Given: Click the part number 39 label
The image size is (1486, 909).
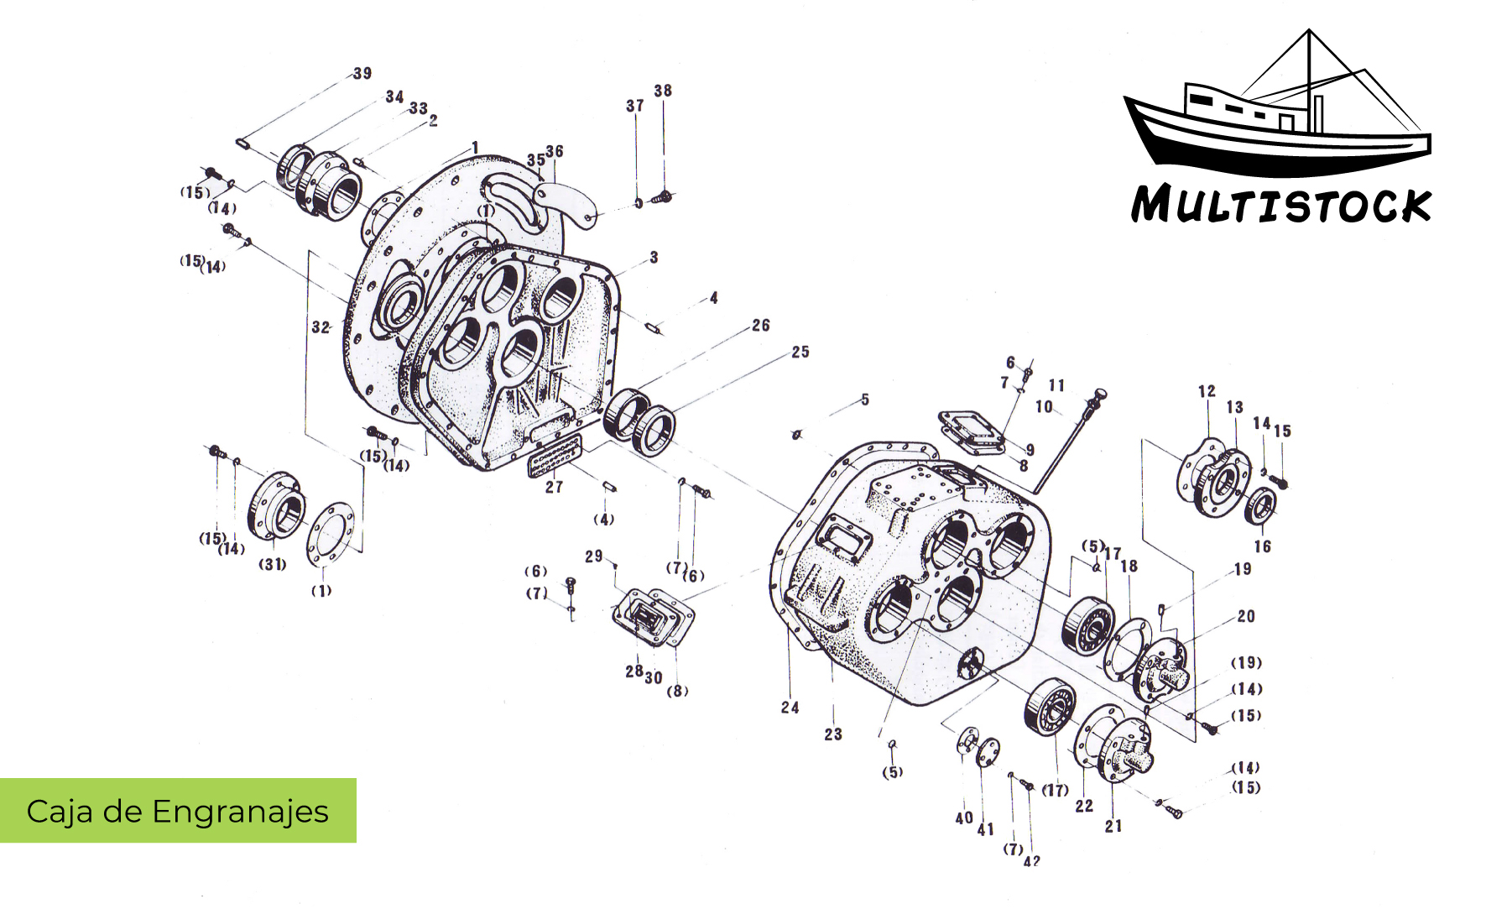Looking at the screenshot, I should (x=362, y=74).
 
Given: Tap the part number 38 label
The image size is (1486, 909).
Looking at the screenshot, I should (x=663, y=91).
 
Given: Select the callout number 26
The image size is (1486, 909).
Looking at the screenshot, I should (x=761, y=326).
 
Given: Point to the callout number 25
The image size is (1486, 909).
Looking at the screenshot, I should (x=800, y=353).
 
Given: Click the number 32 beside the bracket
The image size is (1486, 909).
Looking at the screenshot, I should (x=321, y=327).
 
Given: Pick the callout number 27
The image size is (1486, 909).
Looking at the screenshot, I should (x=555, y=487).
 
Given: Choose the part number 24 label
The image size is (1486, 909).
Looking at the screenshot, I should (x=790, y=708).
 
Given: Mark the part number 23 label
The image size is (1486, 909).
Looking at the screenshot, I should (x=832, y=734).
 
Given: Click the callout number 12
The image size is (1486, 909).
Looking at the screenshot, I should (x=1207, y=391).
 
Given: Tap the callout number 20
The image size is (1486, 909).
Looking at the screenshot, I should (x=1246, y=617).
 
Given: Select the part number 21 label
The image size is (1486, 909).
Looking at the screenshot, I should (x=1113, y=827).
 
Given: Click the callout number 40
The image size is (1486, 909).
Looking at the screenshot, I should (x=964, y=818).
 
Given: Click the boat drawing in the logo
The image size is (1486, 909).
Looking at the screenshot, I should (x=1275, y=118).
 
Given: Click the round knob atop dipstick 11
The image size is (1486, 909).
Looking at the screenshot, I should (x=1102, y=394).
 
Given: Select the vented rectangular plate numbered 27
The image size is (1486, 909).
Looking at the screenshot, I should (x=554, y=455).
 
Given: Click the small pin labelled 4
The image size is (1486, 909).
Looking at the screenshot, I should (x=655, y=327).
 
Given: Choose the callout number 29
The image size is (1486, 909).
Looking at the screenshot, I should (x=594, y=556).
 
